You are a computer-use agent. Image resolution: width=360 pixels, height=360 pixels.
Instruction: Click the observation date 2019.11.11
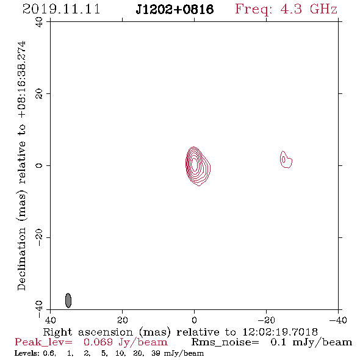tap(61, 9)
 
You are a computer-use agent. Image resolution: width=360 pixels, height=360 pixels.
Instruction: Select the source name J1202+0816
tap(175, 10)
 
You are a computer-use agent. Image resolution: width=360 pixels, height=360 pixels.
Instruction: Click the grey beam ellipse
tap(68, 300)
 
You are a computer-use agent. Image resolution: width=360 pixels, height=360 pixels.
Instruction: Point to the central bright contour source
tap(198, 166)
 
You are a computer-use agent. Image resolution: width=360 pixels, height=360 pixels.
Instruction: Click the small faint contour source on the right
tap(286, 160)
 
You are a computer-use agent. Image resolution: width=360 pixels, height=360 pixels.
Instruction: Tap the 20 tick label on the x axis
tap(122, 320)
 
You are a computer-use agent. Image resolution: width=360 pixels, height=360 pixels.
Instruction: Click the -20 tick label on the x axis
tap(266, 320)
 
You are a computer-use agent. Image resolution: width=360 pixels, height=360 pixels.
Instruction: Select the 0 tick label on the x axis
tap(194, 320)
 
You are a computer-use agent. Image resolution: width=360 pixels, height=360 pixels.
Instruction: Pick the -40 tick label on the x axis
tap(338, 320)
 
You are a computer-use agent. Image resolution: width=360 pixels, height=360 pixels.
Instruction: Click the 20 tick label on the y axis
tap(39, 94)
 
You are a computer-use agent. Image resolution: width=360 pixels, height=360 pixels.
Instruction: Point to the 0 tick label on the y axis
tap(39, 165)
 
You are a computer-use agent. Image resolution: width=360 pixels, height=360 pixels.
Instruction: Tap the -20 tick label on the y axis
tap(39, 237)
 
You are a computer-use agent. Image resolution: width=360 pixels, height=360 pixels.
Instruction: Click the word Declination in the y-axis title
tap(21, 259)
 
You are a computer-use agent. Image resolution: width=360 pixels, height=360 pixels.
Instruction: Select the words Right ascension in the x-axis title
tap(88, 332)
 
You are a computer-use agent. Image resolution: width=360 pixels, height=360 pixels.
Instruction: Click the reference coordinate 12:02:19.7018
tap(280, 332)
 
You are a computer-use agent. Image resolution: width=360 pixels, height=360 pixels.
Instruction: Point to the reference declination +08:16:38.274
tap(22, 79)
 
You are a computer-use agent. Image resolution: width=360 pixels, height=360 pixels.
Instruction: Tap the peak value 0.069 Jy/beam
tap(126, 342)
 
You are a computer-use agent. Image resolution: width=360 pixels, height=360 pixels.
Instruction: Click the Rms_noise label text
tap(225, 342)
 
